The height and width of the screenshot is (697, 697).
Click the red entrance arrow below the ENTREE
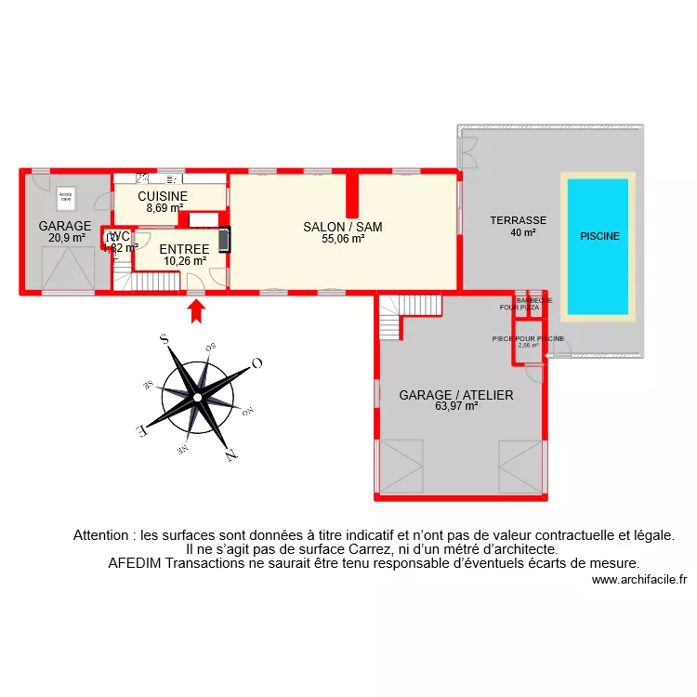point(196,309)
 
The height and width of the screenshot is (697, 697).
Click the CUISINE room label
point(163,197)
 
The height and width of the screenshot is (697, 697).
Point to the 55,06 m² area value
point(343,239)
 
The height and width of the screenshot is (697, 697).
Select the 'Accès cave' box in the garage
point(66,197)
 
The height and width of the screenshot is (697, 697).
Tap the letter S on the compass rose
point(164,341)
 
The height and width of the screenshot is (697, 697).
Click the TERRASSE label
point(518,221)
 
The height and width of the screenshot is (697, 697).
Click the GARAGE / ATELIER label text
point(455,395)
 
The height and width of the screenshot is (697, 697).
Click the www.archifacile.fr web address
point(638,580)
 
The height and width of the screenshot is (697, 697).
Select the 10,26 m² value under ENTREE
point(184,261)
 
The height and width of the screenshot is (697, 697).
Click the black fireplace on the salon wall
point(224,240)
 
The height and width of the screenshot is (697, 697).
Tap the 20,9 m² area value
point(66,238)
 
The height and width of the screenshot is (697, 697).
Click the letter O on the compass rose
point(257,362)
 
